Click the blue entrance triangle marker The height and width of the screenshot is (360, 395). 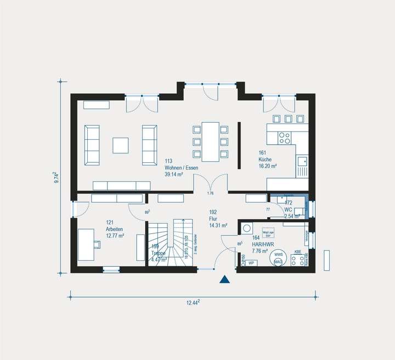click(224, 279)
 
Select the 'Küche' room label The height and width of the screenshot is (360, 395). click(265, 159)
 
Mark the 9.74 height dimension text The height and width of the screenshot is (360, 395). click(56, 178)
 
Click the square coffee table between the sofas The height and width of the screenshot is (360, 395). click(121, 145)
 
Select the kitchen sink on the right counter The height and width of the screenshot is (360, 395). click(302, 161)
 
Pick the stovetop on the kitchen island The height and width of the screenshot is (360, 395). click(284, 138)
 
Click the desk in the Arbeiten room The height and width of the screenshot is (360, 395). click(85, 244)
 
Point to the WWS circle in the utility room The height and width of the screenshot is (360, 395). click(279, 255)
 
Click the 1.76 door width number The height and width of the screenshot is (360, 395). click(210, 194)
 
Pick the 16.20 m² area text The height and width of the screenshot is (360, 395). click(267, 166)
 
